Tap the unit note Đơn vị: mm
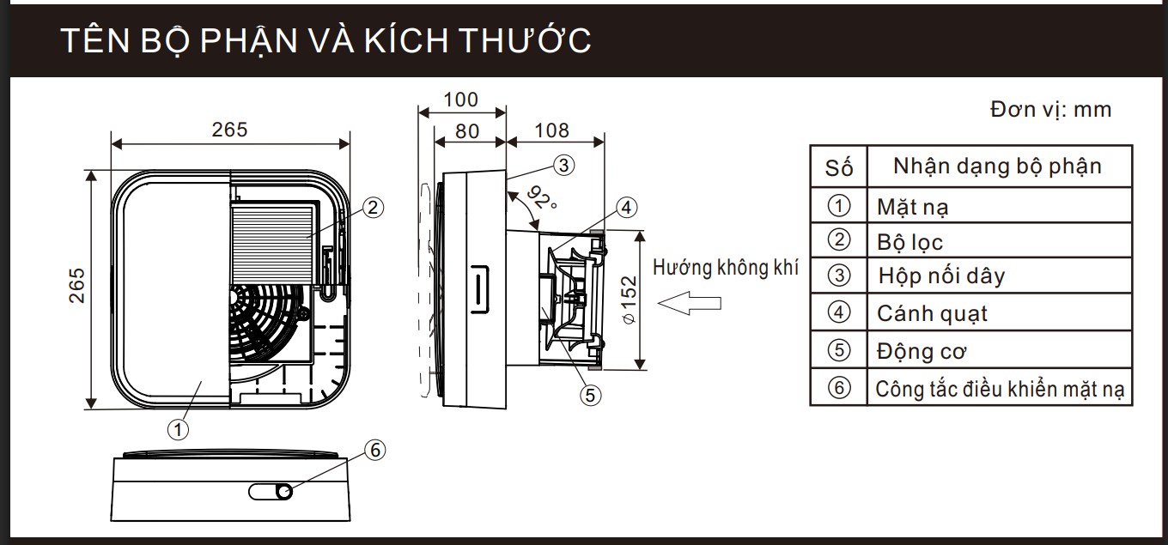1049,110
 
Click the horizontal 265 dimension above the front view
229,130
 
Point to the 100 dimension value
461,100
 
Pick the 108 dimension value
551,130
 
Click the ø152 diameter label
629,300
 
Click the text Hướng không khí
726,267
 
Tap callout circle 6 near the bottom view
375,449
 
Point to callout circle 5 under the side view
590,394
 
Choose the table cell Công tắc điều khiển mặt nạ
1000,389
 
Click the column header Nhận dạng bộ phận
997,166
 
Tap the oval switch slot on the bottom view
271,491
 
